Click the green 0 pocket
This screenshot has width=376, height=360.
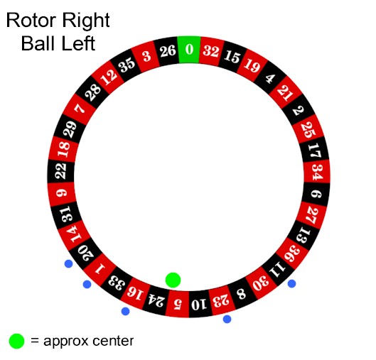point(189,50)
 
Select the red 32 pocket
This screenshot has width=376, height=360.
point(211,52)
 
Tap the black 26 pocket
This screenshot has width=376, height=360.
point(167,51)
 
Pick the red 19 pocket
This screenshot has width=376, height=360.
point(252,65)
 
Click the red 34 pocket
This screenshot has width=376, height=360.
point(317,173)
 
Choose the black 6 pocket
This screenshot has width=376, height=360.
point(316,194)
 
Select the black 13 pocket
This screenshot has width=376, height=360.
point(304,235)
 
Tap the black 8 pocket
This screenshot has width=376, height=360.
point(242,294)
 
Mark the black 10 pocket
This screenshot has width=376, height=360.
point(198,304)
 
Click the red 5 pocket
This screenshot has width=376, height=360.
point(178,304)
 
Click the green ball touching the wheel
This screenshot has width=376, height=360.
point(173,280)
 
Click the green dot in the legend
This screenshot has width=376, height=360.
point(17,341)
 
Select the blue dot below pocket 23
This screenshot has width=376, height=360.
point(227,319)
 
